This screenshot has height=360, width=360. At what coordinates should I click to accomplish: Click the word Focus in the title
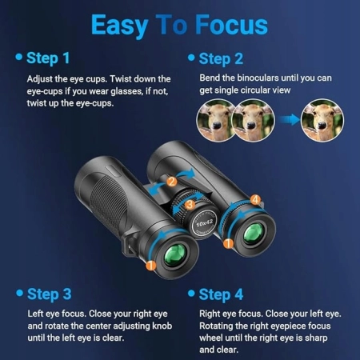(x=231, y=25)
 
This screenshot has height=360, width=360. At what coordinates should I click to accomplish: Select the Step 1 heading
(x=48, y=58)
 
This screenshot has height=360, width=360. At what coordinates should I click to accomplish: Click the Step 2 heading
(x=221, y=59)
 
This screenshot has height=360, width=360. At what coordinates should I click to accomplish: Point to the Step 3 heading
(x=50, y=294)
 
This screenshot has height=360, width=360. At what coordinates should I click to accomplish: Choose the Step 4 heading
(x=221, y=295)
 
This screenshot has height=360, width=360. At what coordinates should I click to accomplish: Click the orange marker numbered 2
(x=172, y=182)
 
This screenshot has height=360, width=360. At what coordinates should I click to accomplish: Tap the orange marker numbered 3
(x=190, y=205)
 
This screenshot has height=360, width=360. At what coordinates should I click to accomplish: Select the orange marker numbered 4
(x=255, y=199)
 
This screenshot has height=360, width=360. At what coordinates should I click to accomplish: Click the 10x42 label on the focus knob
(x=204, y=222)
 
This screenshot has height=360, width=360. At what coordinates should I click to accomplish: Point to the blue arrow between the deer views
(x=290, y=120)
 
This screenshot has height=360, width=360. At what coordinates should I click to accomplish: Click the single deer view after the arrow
(x=322, y=120)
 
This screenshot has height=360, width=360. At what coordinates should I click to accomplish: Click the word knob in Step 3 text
(x=162, y=326)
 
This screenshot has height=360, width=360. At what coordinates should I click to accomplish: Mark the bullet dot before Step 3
(x=19, y=293)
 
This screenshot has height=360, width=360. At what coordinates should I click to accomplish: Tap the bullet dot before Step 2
(x=191, y=58)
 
